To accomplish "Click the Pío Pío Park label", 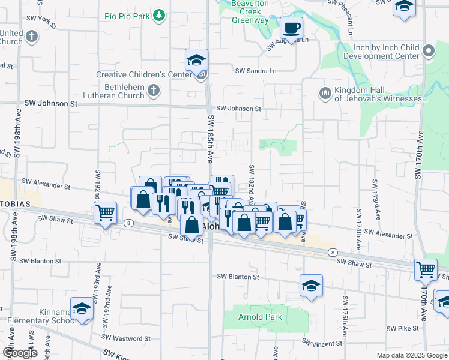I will tap(125, 16).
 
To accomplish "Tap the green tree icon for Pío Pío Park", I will tap(158, 15).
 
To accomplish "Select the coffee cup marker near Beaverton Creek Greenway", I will tap(291, 28).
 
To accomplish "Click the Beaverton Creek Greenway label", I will tap(250, 12).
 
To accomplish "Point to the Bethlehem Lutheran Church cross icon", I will tap(154, 91).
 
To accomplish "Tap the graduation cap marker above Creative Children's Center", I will tap(196, 60).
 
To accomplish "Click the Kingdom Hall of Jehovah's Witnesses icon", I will tap(325, 93).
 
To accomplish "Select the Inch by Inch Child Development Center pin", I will tap(428, 52).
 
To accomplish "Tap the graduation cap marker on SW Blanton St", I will tap(312, 286).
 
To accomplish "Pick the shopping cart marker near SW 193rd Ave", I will tap(106, 213).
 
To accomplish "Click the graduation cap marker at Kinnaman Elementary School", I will tap(82, 309).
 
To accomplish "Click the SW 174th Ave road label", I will tap(360, 224).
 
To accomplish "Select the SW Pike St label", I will tap(403, 329).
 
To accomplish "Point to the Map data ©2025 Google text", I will tap(411, 355).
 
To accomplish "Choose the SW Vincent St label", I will tap(322, 344).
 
